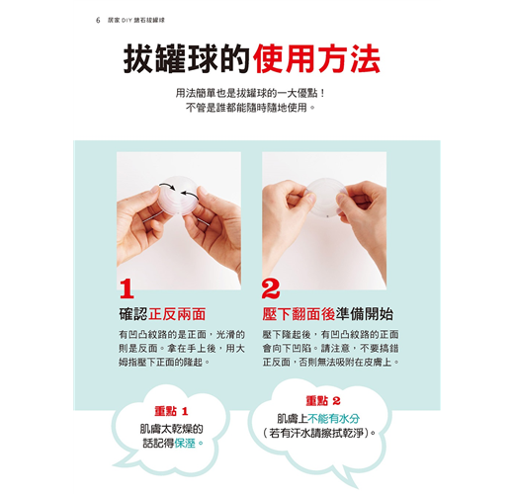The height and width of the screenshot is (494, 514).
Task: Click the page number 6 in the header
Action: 98,20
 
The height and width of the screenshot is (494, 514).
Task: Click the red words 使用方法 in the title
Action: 317,59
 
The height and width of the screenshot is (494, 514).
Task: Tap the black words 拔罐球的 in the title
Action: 187,59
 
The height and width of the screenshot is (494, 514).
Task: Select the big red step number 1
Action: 127,288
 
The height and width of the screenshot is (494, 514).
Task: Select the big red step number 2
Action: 271,288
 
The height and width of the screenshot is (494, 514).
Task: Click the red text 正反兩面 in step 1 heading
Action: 177,314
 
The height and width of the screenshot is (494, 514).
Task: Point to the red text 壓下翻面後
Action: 299,314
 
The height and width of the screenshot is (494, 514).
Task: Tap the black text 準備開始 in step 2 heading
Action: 364,314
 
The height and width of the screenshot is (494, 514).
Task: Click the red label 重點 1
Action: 171,411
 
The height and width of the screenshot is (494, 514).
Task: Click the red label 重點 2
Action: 323,401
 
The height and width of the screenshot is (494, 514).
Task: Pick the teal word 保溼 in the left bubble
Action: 185,443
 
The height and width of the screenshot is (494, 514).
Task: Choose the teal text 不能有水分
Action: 333,419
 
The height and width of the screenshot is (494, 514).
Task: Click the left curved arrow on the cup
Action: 168,186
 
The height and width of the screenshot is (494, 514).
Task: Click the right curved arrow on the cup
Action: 190,195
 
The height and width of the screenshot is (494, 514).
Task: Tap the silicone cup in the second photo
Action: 326,198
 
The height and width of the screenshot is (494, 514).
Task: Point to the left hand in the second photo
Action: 286,214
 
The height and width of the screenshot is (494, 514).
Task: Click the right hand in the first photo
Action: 214,228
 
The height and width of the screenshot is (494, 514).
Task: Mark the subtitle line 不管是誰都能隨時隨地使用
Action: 250,108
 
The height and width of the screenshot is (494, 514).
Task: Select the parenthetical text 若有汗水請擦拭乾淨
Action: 319,433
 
